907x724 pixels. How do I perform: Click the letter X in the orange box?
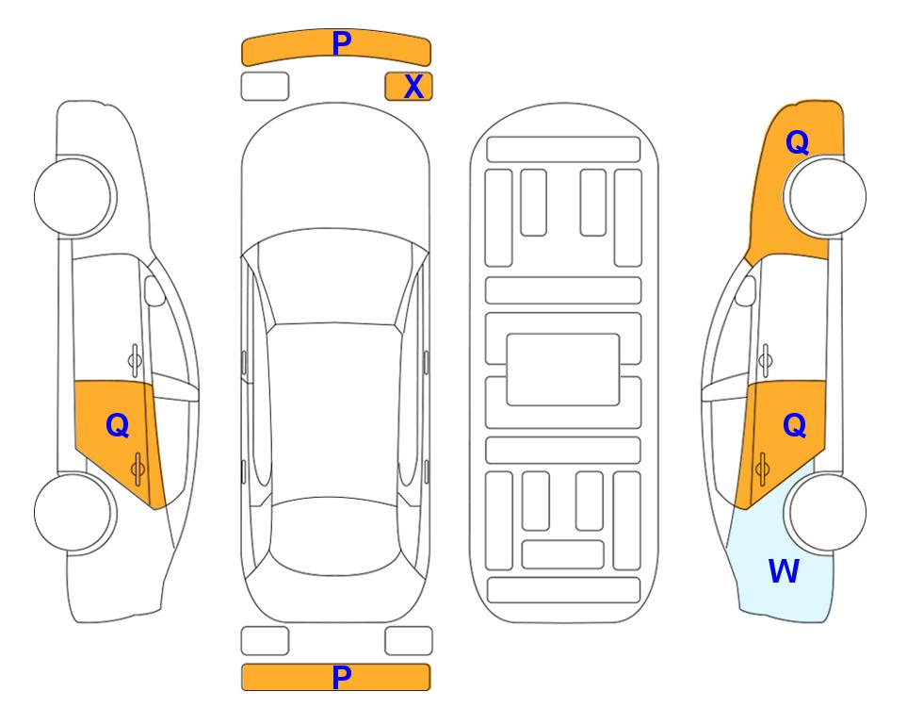tap(413, 87)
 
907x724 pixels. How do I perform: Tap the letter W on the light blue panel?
tap(784, 571)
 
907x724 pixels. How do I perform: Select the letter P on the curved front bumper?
tap(341, 43)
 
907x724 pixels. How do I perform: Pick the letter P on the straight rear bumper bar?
tap(341, 677)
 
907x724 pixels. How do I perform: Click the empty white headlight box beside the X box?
tap(265, 87)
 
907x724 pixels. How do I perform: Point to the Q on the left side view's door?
tap(118, 426)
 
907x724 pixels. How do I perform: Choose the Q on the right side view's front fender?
tap(797, 142)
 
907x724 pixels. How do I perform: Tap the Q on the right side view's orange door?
tap(794, 426)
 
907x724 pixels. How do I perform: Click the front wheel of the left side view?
tap(73, 196)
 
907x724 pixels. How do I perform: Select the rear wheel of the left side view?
tap(73, 512)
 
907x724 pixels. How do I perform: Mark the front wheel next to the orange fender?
tap(827, 196)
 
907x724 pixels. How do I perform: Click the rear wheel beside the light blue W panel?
tap(827, 512)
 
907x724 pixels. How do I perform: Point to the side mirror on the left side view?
tap(154, 290)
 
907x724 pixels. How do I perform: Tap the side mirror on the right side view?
tap(746, 290)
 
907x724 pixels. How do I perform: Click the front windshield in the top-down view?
tap(335, 277)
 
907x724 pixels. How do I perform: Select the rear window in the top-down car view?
tap(335, 535)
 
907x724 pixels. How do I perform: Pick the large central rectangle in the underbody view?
tap(563, 370)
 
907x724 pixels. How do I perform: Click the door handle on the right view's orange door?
tap(762, 469)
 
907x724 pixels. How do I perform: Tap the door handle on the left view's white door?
tap(135, 360)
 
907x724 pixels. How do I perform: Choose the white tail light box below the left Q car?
tap(265, 641)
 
